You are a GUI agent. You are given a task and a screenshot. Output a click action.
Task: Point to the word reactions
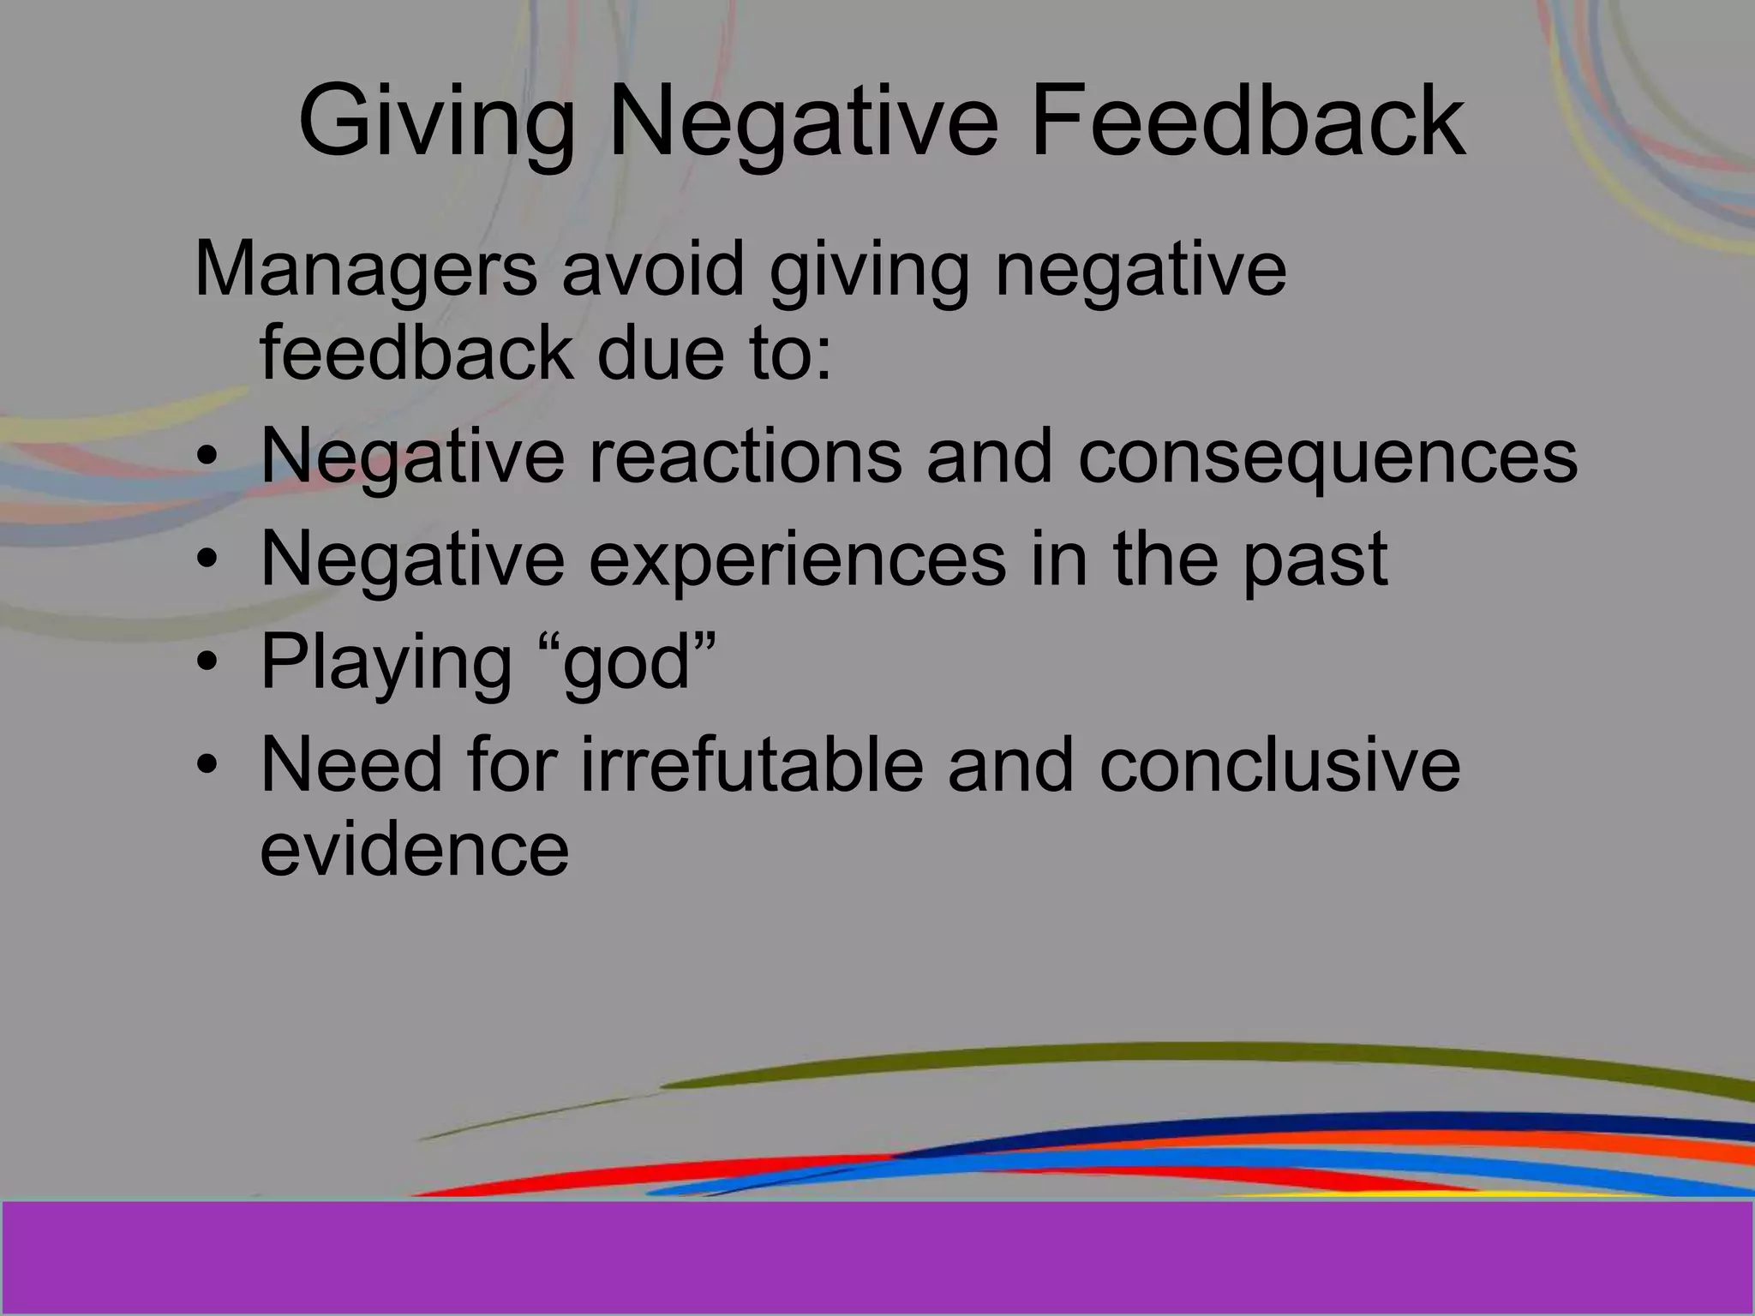(x=746, y=456)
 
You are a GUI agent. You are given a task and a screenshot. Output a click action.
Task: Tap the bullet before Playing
(x=207, y=663)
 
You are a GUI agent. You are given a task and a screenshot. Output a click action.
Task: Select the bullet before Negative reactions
(x=207, y=458)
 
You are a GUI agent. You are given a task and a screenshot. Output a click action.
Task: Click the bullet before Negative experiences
(x=207, y=560)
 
